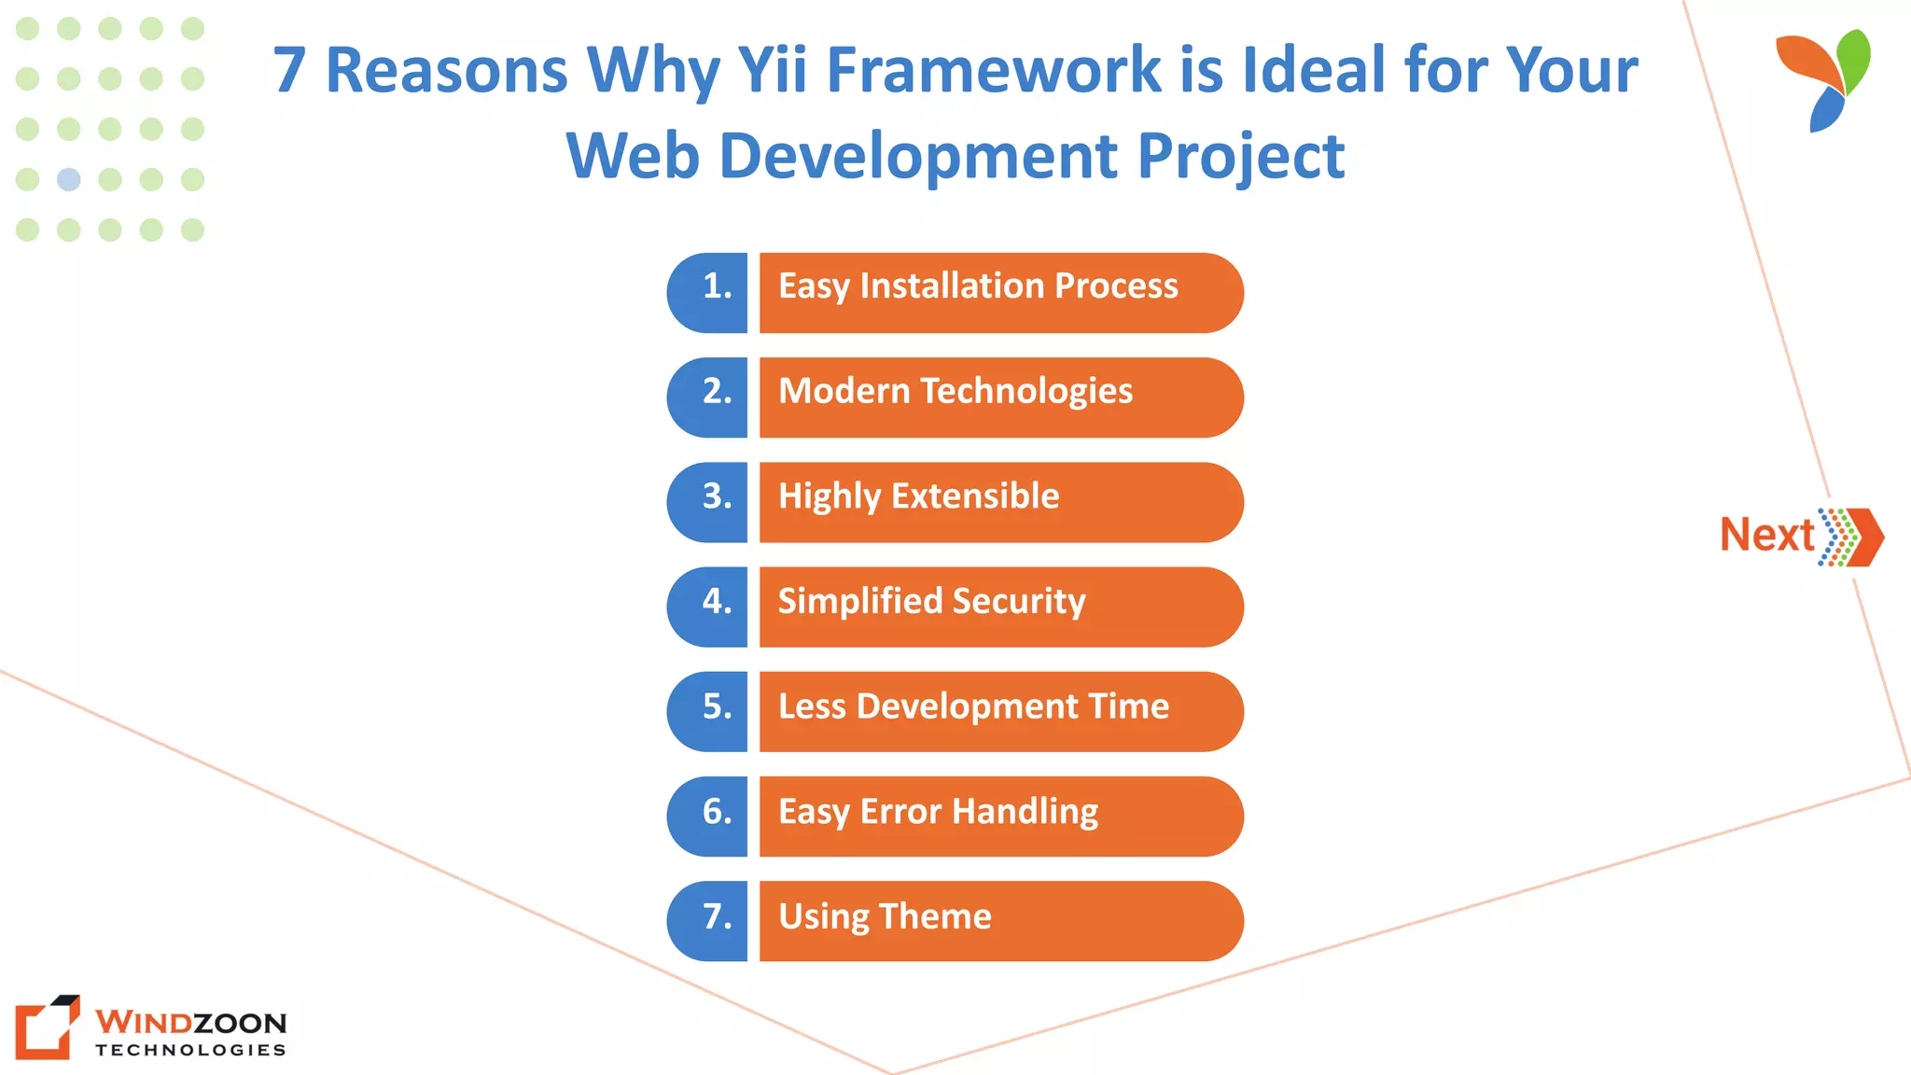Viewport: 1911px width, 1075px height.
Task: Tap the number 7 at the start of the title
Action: pos(289,71)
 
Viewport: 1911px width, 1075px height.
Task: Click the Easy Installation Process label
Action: pos(978,286)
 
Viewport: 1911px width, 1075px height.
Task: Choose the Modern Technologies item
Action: pos(955,392)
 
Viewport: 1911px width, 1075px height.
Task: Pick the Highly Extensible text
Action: pos(918,496)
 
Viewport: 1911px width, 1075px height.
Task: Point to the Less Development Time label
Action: pos(973,707)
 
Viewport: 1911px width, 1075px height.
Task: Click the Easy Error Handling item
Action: pos(938,812)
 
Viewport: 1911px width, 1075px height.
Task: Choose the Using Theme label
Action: pos(885,917)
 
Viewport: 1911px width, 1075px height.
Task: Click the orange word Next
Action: pos(1766,536)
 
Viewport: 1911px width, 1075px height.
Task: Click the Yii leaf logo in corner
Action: pos(1825,80)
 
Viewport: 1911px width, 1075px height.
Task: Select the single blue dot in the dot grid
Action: pos(69,179)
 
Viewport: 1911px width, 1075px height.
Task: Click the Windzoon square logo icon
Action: pos(47,1027)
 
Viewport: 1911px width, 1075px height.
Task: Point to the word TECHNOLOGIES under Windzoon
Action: pos(190,1050)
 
